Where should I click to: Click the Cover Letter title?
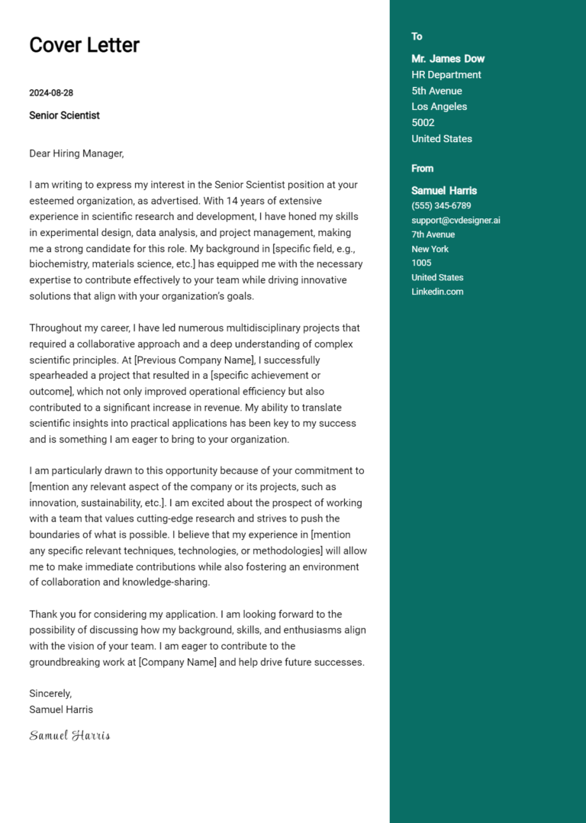tap(84, 45)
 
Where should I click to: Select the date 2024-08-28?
tap(51, 93)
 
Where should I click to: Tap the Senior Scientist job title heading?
tap(64, 115)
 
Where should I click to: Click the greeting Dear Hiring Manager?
tap(76, 153)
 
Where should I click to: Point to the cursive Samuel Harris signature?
tap(69, 735)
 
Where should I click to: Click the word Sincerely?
tap(50, 693)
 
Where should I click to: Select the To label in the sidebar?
tap(417, 37)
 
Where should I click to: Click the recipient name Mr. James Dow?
tap(448, 59)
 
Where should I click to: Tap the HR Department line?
tap(446, 75)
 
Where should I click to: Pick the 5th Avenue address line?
tap(436, 91)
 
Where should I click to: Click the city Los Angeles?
tap(439, 107)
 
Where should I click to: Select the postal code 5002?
tap(423, 123)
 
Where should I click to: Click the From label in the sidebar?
tap(422, 169)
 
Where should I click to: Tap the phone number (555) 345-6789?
tap(441, 206)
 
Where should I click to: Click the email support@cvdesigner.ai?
tap(456, 221)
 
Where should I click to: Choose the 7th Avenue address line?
tap(433, 234)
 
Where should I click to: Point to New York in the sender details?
tap(430, 249)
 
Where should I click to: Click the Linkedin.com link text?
tap(437, 292)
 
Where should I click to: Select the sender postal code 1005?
tap(421, 263)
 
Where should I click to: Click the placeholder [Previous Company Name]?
tap(195, 360)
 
